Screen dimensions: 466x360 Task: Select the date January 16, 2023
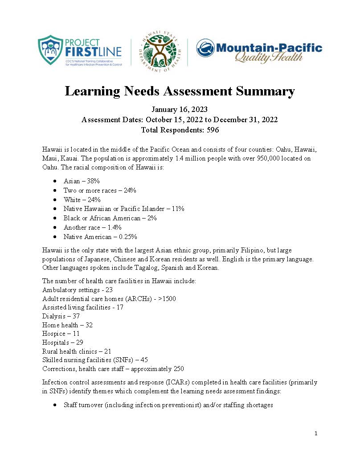[x=180, y=110]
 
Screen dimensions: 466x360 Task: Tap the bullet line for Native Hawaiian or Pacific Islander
[x=124, y=209]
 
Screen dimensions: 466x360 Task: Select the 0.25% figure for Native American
[x=127, y=237]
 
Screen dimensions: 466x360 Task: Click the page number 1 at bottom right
[x=315, y=433]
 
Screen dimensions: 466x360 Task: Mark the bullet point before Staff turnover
[x=54, y=405]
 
